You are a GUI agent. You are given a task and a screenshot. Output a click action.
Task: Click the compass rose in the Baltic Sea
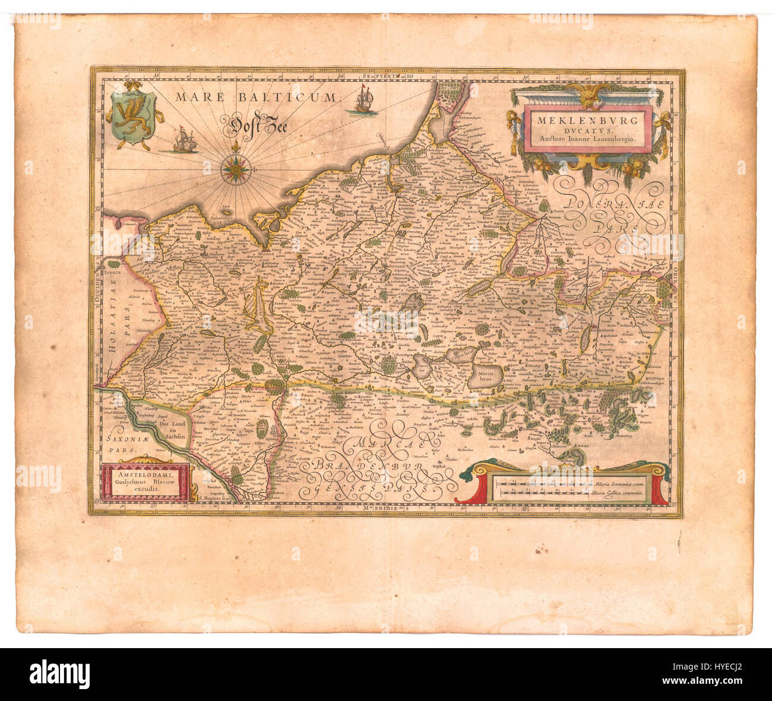pos(235,169)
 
